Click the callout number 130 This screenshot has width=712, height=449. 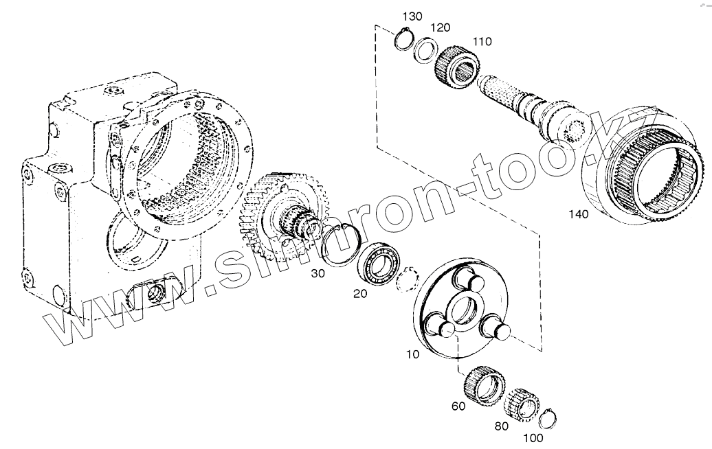click(x=412, y=16)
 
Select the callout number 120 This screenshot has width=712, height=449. click(x=440, y=27)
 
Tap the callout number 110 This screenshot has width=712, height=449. click(x=482, y=42)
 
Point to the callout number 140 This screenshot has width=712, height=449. click(x=579, y=214)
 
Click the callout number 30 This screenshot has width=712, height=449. click(x=318, y=273)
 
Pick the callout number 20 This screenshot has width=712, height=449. click(x=360, y=294)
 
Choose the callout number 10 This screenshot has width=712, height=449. click(x=412, y=354)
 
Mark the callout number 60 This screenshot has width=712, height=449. click(x=458, y=406)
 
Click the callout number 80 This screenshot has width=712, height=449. click(x=501, y=427)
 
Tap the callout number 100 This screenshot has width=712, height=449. click(x=533, y=438)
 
